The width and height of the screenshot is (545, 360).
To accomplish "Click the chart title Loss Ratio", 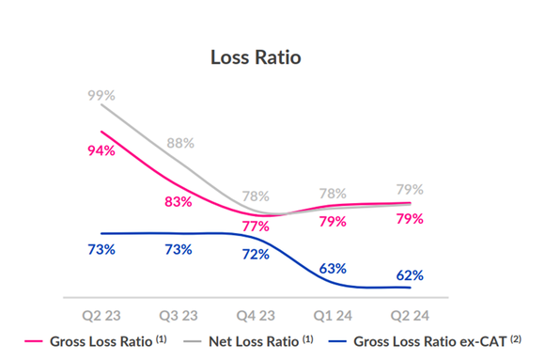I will pyautogui.click(x=256, y=57).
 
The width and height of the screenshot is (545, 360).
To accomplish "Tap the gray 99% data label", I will pyautogui.click(x=101, y=96).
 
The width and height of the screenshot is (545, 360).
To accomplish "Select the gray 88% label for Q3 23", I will pyautogui.click(x=179, y=143).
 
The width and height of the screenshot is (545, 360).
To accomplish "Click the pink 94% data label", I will pyautogui.click(x=101, y=150).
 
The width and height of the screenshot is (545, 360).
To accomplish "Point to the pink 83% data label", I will pyautogui.click(x=178, y=201).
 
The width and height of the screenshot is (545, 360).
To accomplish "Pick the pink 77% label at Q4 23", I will pyautogui.click(x=256, y=226).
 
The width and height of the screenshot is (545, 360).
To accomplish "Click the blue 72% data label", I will pyautogui.click(x=256, y=254).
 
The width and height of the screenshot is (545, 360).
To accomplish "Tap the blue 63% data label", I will pyautogui.click(x=333, y=269).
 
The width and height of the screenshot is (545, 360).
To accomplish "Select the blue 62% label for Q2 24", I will pyautogui.click(x=410, y=275).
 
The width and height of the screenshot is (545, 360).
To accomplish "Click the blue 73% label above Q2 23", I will pyautogui.click(x=101, y=249).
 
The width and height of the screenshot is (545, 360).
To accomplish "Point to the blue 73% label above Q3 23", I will pyautogui.click(x=178, y=249).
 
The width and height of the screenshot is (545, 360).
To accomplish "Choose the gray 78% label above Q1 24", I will pyautogui.click(x=333, y=193).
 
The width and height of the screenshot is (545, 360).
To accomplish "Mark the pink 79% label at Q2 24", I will pyautogui.click(x=410, y=218).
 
